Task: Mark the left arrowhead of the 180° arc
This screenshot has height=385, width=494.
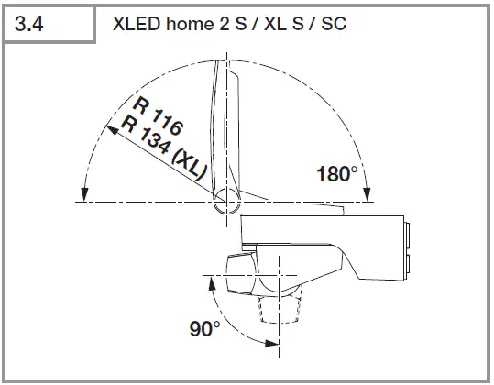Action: pos(83,193)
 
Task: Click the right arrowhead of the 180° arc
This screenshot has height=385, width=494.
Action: pos(368,193)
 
